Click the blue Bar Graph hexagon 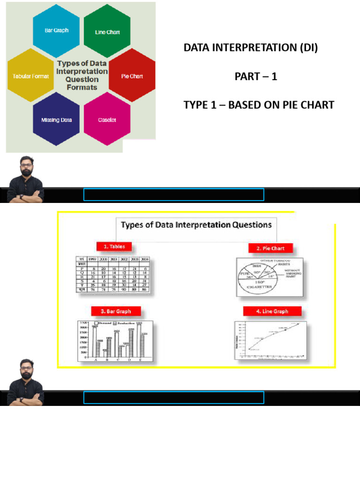click(56, 30)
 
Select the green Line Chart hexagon click(107, 32)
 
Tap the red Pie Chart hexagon click(132, 76)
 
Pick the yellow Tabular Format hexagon click(30, 76)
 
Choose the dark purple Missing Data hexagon click(56, 120)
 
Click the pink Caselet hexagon click(107, 120)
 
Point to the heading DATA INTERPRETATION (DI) click(250, 48)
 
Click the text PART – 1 click(256, 76)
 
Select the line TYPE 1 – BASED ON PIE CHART click(259, 105)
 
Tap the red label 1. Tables click(114, 247)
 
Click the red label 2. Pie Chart click(267, 248)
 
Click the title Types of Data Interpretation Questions click(196, 225)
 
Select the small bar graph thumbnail click(115, 341)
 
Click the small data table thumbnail click(115, 275)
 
